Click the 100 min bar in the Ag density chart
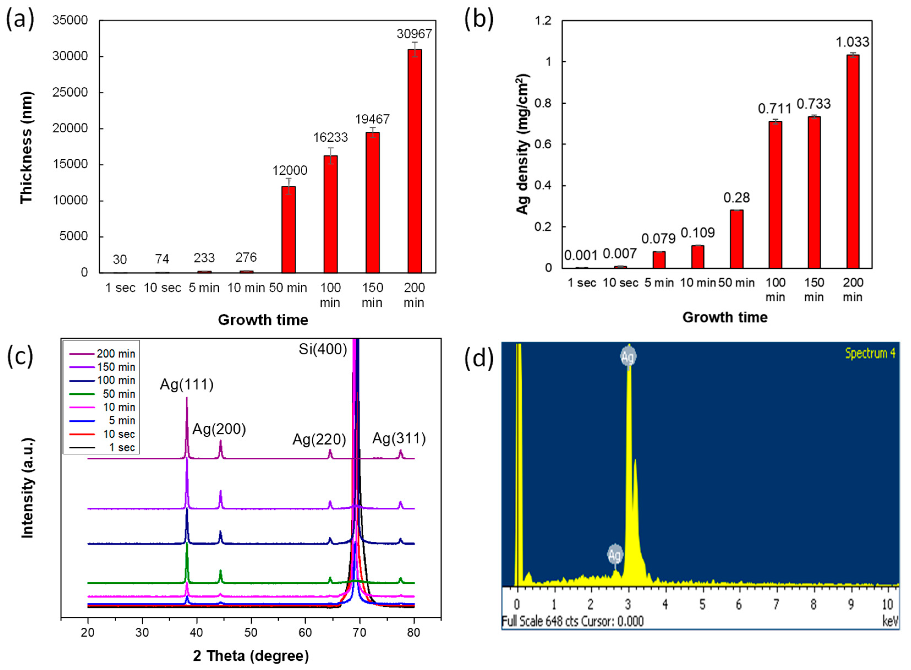[775, 195]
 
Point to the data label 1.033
[852, 42]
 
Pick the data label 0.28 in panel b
[737, 198]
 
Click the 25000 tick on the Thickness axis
[70, 92]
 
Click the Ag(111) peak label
[186, 384]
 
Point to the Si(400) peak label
[323, 349]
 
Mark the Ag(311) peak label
[399, 438]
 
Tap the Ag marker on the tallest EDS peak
[628, 356]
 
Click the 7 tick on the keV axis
[776, 605]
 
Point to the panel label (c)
[20, 356]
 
